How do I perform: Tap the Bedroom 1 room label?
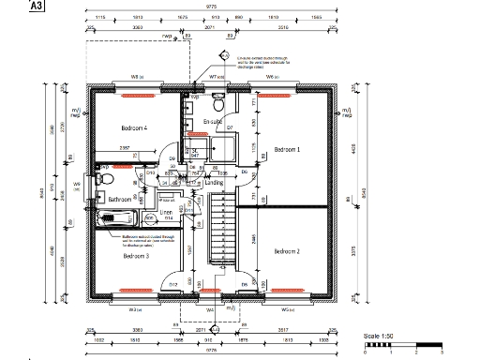point(286,149)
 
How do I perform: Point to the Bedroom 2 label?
point(287,251)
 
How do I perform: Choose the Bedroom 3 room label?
point(135,255)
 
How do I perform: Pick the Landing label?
point(214,183)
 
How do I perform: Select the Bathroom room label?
point(119,199)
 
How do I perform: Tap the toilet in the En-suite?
point(217,97)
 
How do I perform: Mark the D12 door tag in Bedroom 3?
point(172,284)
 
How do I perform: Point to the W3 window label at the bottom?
point(135,308)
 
